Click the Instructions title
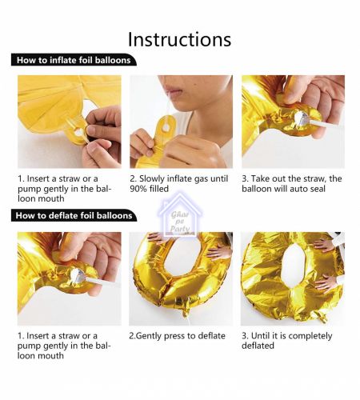click(x=179, y=40)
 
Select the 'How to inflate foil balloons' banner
click(x=74, y=60)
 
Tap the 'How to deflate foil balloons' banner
click(x=74, y=215)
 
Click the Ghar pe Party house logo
click(x=180, y=216)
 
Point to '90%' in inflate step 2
click(x=138, y=189)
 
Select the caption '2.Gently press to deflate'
click(x=177, y=336)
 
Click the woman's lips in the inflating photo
click(x=174, y=90)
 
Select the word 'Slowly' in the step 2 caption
click(x=151, y=178)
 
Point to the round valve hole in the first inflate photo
click(x=78, y=132)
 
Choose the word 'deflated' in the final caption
click(x=258, y=346)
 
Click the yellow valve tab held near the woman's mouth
click(x=166, y=129)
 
